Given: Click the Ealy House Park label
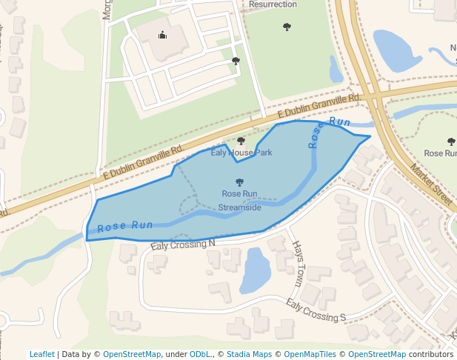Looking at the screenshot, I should point(241,153).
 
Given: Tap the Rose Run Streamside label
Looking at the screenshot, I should point(239,201).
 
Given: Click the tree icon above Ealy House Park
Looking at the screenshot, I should point(241,140).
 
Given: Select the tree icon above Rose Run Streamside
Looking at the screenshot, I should point(239,181).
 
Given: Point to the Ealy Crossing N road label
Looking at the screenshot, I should point(182,244).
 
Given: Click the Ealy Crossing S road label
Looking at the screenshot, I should point(316,311).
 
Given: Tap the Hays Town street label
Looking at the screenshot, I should point(298,264).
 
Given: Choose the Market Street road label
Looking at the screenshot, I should point(431,186).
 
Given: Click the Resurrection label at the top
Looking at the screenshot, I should point(273,4).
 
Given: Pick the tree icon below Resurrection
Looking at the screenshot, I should point(287,27).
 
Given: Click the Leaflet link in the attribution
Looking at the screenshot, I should point(41,354).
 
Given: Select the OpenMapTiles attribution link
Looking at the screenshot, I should point(306,354).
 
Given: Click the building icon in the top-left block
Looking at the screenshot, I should point(162,35).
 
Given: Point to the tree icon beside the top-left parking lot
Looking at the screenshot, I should point(236,61).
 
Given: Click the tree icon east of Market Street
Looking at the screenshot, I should point(451,141).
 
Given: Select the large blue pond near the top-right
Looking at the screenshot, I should point(396,50).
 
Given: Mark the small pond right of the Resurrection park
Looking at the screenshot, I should point(336,70).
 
